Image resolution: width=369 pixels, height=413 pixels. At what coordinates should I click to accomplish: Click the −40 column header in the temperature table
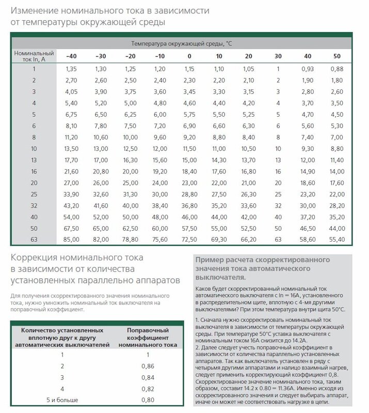pos(71,56)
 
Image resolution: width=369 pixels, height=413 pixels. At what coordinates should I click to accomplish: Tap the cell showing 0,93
pos(308,69)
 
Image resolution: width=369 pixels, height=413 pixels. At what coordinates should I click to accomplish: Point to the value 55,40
pos(336,239)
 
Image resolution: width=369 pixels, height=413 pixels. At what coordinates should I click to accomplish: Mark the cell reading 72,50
pos(189,239)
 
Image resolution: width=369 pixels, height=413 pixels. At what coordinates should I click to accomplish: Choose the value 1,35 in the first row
pos(71,69)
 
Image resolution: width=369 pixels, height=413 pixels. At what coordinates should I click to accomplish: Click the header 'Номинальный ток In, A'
pos(34,56)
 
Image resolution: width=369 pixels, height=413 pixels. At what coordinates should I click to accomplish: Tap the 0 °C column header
pos(189,56)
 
